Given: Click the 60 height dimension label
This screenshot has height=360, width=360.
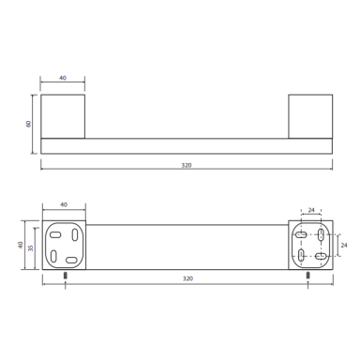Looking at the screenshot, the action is (29, 124).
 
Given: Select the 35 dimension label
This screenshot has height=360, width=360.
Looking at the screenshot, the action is (30, 248).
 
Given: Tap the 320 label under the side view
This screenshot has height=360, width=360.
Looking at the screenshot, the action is (187, 165).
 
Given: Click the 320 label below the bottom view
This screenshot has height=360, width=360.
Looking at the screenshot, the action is (187, 278).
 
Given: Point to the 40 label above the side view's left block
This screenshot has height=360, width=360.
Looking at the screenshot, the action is (63, 78).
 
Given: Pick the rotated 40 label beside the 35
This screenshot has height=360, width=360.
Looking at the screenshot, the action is (21, 245).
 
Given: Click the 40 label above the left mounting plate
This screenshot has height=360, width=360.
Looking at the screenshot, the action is (64, 204).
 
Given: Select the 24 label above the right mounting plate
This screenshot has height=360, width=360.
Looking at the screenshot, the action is (311, 210).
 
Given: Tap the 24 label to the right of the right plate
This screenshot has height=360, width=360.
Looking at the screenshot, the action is (344, 246).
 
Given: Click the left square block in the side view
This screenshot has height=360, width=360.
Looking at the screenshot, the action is (63, 116).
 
